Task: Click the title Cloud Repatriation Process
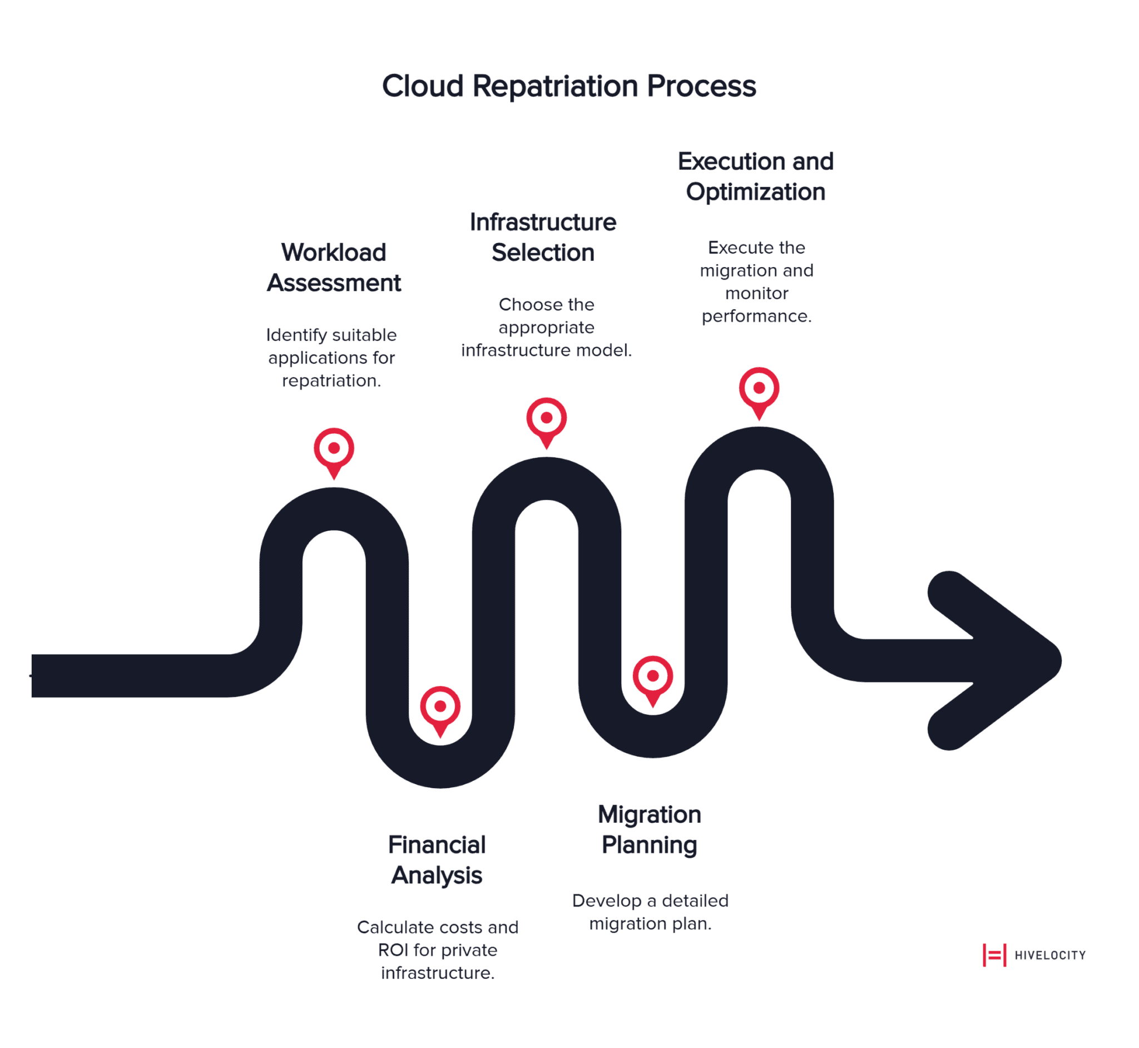[568, 86]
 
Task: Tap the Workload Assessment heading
[333, 268]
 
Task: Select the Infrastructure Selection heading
[543, 237]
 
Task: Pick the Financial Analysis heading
[437, 860]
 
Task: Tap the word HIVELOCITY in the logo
[1049, 955]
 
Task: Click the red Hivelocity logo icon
[994, 955]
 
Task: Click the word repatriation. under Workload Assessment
[331, 380]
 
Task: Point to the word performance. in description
[756, 316]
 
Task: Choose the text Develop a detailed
[650, 901]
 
